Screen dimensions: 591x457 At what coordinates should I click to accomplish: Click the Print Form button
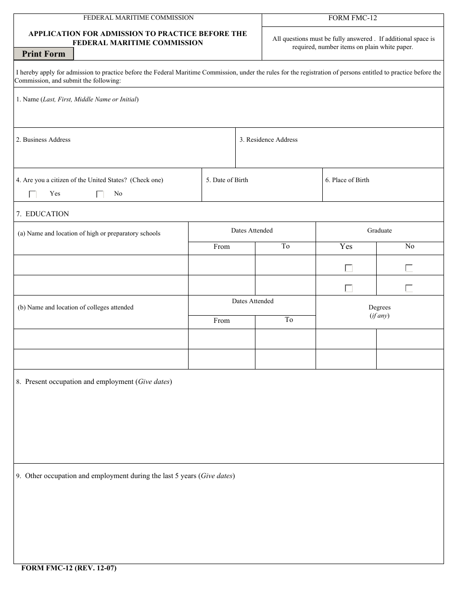click(43, 54)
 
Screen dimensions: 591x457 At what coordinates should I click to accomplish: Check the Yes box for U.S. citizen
click(33, 194)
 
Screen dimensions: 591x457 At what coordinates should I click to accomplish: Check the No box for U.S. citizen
click(100, 194)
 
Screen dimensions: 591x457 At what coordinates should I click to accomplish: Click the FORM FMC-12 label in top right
click(353, 18)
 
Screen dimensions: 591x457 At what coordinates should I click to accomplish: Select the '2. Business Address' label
click(43, 140)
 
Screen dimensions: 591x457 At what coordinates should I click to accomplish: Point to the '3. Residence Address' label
click(268, 140)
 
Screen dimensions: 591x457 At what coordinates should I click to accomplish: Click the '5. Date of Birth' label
click(227, 180)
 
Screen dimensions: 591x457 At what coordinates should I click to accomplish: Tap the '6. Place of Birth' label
click(347, 180)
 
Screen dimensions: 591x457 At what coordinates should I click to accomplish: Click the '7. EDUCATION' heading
click(42, 214)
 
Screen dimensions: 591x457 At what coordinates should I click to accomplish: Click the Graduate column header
click(380, 231)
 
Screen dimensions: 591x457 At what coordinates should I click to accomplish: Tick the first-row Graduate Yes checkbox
click(349, 269)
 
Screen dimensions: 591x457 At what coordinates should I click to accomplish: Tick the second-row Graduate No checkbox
click(409, 289)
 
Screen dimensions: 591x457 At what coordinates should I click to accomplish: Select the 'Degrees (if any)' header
click(380, 311)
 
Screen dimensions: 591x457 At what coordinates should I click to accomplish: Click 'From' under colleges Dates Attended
click(222, 320)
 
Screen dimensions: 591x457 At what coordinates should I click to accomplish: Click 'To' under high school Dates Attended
click(286, 246)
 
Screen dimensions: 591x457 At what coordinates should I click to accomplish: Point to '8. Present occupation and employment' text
click(94, 382)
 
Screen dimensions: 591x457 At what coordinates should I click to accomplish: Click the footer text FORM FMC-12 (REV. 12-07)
click(69, 568)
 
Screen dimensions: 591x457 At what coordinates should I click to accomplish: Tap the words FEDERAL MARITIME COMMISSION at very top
click(139, 18)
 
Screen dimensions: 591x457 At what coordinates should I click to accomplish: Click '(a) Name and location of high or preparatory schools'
click(89, 234)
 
